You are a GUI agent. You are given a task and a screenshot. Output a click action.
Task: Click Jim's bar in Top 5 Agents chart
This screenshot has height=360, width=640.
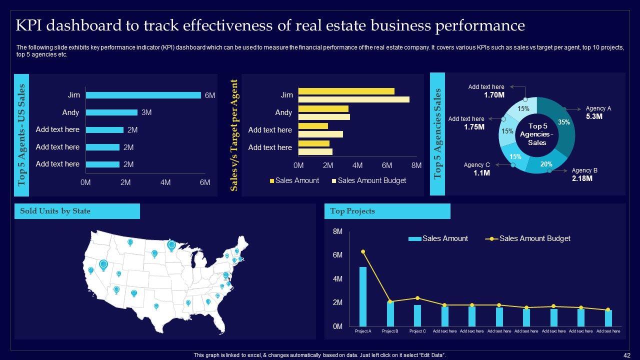pos(143,95)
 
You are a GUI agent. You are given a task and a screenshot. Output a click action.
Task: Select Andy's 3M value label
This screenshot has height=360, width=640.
pos(146,112)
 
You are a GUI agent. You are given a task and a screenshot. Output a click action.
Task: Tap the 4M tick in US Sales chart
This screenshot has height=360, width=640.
pos(165,183)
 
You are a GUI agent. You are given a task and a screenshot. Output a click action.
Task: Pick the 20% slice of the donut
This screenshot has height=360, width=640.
pos(546,164)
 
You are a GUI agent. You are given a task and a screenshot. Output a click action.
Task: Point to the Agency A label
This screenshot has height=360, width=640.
pos(598,108)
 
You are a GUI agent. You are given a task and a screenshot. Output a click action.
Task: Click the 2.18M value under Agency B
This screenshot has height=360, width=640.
pos(582,178)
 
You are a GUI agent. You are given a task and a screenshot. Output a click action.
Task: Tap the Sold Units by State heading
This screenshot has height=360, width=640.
pos(55,211)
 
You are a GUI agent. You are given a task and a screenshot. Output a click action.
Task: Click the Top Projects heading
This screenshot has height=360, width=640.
pos(352,211)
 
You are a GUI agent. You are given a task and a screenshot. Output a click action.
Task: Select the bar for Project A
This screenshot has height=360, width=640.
pos(363,296)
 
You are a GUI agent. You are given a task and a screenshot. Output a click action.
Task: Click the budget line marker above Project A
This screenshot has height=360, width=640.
pos(363,251)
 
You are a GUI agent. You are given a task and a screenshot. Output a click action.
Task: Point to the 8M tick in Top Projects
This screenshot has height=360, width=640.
pos(337,232)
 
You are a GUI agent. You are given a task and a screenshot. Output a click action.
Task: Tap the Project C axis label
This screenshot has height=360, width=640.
pos(417,331)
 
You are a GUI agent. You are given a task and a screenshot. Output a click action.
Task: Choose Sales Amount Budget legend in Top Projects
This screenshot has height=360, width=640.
pos(534,238)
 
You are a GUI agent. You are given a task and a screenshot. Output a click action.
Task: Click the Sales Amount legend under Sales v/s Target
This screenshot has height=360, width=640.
pos(297,180)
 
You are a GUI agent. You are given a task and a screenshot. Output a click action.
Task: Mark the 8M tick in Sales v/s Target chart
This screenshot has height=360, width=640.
pos(416,165)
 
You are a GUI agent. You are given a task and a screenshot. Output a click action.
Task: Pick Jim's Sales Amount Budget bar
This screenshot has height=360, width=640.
pos(353,99)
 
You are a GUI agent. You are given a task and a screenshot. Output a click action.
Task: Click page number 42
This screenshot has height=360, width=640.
pos(627,355)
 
